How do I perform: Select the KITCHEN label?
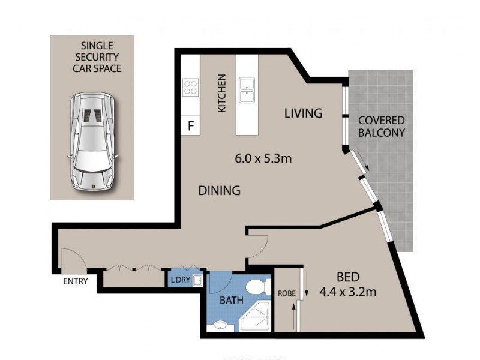coord(222,94)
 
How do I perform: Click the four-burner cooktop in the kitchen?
coord(191,88)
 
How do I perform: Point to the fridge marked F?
coord(191,126)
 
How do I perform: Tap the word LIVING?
coord(303,113)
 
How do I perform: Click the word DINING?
coord(219,191)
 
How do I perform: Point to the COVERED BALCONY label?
coord(381,127)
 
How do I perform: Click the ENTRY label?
coord(76,281)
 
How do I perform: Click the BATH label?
coord(231,300)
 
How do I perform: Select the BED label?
coord(347,277)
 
